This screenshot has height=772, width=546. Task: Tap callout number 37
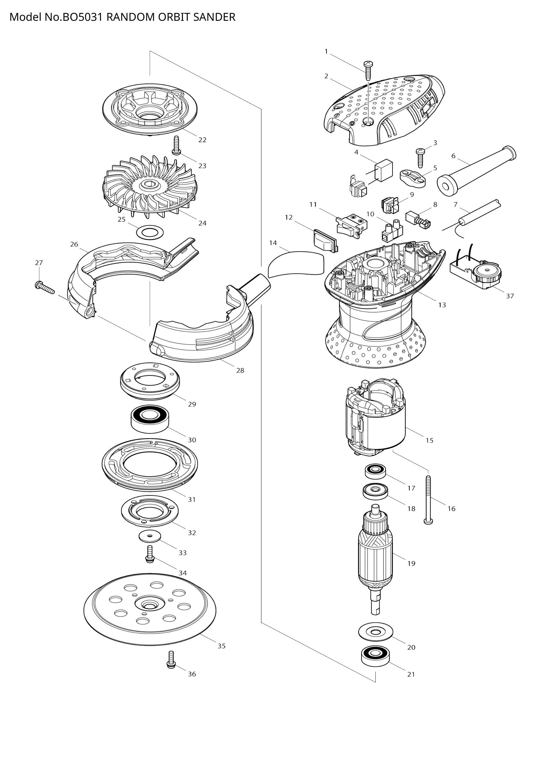510,296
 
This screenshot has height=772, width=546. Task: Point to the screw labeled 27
44,286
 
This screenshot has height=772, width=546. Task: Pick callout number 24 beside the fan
202,223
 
